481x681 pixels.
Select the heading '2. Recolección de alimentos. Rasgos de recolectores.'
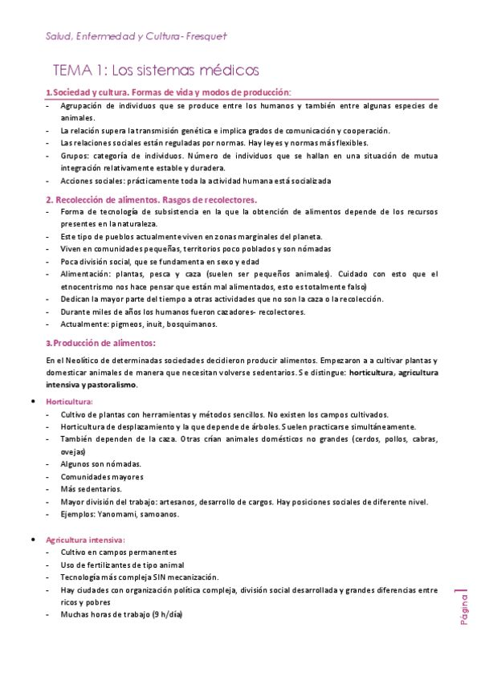[x=151, y=199]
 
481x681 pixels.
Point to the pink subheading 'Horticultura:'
[x=70, y=401]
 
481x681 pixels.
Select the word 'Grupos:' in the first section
[x=75, y=156]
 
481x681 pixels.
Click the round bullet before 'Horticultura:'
[x=31, y=401]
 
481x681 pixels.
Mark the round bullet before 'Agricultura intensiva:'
[x=31, y=540]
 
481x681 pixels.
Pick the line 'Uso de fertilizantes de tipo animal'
[x=122, y=565]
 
